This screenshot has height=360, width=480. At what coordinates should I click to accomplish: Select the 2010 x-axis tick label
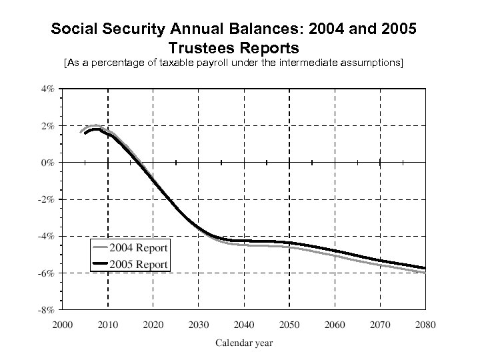108,325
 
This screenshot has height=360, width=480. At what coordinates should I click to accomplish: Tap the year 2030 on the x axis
199,325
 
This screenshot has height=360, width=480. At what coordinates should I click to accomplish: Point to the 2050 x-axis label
289,325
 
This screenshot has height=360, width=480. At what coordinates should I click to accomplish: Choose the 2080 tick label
425,325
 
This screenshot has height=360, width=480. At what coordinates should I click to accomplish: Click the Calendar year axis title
243,343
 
